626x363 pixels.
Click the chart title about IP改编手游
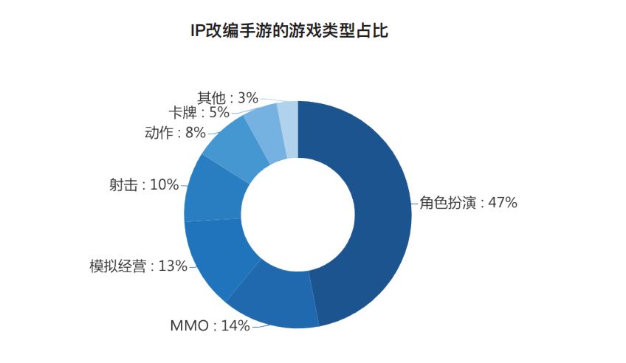tap(289, 31)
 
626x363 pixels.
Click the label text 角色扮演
tap(447, 203)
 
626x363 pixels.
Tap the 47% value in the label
tap(503, 203)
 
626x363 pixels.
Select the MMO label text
tap(189, 325)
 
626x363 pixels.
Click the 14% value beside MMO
tap(235, 325)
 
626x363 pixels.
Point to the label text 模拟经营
tap(118, 266)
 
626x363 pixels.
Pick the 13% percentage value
tap(173, 266)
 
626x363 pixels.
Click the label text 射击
tap(123, 184)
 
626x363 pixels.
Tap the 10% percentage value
tap(164, 184)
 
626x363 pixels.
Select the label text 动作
tap(159, 132)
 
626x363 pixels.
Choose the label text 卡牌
tap(183, 112)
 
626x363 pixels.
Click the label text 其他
tap(212, 97)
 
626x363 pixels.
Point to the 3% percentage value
tap(248, 97)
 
